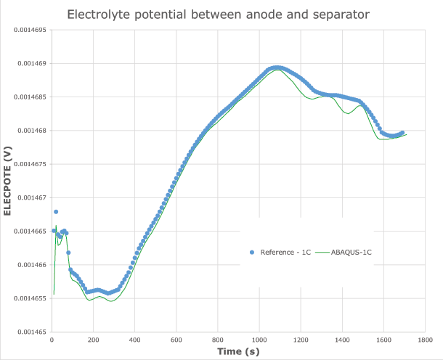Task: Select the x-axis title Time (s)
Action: (x=238, y=351)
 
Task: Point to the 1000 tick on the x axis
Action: (x=259, y=339)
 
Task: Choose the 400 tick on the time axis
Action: (x=134, y=339)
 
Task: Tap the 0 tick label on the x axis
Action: (x=52, y=339)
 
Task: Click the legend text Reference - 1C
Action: (x=285, y=252)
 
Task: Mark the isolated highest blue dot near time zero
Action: (x=56, y=212)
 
